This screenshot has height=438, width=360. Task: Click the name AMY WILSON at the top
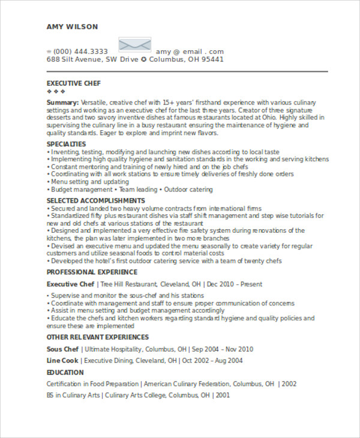tap(72, 27)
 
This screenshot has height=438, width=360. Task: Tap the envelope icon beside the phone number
tap(135, 46)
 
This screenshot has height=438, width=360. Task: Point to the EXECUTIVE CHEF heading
tap(74, 83)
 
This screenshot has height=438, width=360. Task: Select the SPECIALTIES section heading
tap(66, 145)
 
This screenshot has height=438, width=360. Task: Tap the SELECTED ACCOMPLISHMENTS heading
tap(95, 200)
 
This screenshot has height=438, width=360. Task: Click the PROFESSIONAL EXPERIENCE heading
tap(92, 272)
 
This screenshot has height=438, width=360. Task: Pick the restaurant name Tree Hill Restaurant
tap(128, 284)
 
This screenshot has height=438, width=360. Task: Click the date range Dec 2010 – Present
tap(233, 284)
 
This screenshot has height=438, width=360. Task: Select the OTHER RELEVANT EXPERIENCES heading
tap(98, 337)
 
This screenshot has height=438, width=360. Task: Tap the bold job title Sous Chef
tap(62, 349)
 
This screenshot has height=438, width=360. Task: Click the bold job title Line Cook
tap(62, 361)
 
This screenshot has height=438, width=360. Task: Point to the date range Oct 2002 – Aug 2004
tap(212, 361)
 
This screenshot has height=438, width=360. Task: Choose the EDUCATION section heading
tap(65, 373)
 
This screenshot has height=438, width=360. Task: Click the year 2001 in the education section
tap(223, 395)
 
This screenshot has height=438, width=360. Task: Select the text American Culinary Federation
tap(186, 384)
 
